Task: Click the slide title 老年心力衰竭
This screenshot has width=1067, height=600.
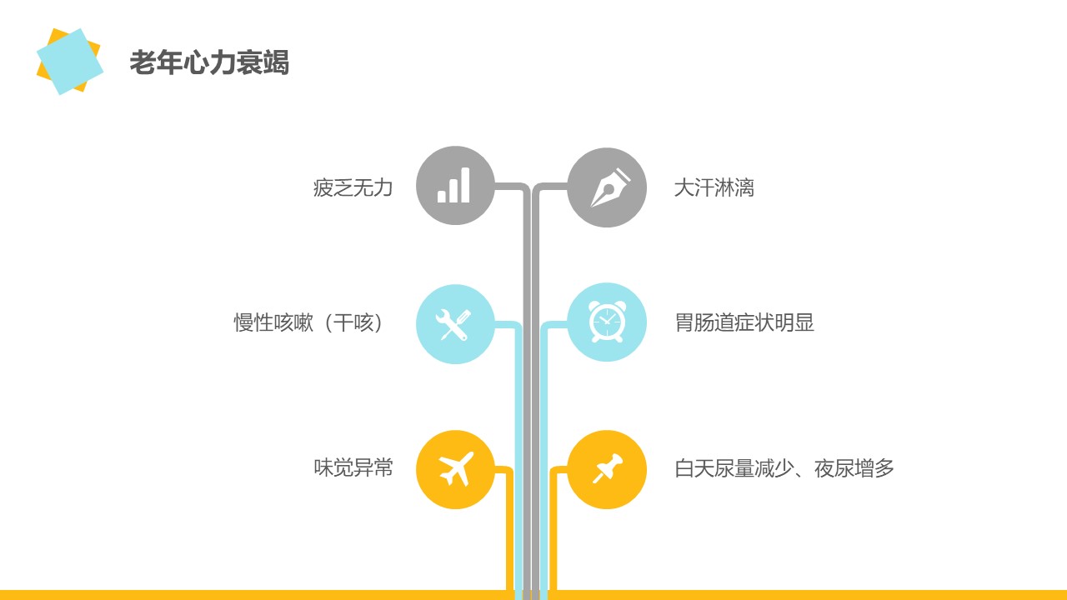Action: click(209, 62)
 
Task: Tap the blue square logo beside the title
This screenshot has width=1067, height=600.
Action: click(70, 62)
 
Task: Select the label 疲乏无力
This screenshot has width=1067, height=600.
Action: click(353, 187)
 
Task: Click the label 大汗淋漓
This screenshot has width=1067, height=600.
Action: click(714, 187)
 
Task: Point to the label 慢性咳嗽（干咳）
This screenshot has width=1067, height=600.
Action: click(308, 322)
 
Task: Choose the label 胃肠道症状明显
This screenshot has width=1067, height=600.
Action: click(744, 322)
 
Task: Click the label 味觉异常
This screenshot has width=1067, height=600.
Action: click(353, 467)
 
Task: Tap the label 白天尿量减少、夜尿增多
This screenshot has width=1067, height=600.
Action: click(784, 468)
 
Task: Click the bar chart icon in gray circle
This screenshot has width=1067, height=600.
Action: click(453, 185)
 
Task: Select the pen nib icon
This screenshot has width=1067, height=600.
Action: click(609, 187)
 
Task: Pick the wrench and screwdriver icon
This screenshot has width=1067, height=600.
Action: click(453, 325)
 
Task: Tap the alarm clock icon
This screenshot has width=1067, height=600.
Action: click(608, 322)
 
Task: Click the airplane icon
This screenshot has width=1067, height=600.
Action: click(456, 468)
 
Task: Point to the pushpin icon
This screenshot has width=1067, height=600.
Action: click(608, 468)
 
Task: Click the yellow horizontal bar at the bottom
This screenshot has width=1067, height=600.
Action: click(533, 595)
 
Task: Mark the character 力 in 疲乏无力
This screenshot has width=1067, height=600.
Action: click(383, 187)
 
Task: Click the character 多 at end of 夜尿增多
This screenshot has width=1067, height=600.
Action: click(884, 468)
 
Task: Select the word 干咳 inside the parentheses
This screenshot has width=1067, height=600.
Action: click(353, 322)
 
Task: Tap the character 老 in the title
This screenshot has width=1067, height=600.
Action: click(143, 62)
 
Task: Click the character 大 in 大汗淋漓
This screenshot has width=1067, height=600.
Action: click(684, 187)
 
